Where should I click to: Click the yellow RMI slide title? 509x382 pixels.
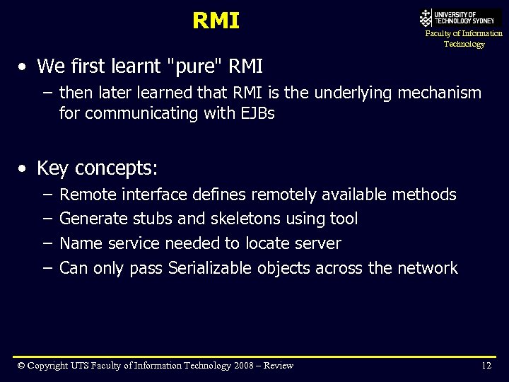tap(216, 21)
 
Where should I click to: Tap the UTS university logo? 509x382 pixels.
tap(460, 18)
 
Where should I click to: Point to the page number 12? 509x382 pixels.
tap(486, 366)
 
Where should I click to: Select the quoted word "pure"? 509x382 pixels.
tap(192, 66)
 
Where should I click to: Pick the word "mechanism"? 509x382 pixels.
tap(440, 93)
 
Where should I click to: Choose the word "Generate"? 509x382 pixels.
tap(93, 219)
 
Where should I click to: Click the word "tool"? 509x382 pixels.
tap(344, 219)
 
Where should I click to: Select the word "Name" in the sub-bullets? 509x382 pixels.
tap(81, 244)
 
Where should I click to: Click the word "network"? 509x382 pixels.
tap(427, 269)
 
